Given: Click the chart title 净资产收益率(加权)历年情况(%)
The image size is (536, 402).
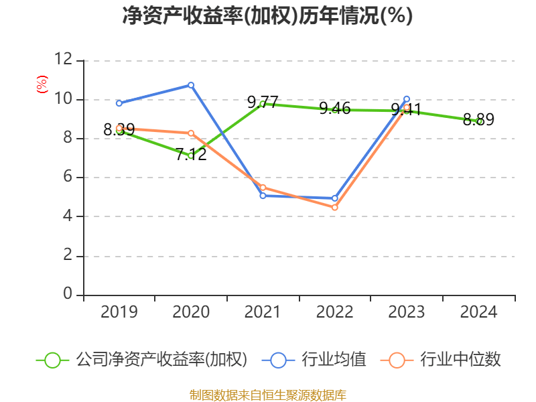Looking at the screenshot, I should [x=267, y=15].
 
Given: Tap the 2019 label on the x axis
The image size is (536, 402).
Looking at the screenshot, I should [x=119, y=312].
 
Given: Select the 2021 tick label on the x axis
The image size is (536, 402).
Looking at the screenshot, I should [x=263, y=312].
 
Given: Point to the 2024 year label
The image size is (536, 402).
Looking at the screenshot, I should [x=478, y=312].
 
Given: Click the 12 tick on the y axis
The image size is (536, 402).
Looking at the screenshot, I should [x=64, y=60].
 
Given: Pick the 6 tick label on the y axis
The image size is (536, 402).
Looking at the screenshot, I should [x=68, y=178].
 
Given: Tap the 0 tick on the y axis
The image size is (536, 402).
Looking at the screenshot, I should [x=68, y=295].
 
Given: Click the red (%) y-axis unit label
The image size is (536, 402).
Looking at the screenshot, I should [x=42, y=84].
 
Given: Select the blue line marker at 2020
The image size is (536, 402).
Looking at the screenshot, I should [x=191, y=85].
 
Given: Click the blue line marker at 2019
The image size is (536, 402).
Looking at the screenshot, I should [x=119, y=103].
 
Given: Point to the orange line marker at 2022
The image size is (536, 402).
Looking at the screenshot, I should [x=335, y=208].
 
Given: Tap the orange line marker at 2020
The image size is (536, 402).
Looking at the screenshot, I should [x=191, y=133].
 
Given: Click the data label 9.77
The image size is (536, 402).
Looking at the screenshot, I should [x=263, y=103].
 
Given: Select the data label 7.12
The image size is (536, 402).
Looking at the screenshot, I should [x=191, y=154].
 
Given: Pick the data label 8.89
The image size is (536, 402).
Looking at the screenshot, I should [x=478, y=120].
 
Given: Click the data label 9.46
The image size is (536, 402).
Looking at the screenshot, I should [x=335, y=109].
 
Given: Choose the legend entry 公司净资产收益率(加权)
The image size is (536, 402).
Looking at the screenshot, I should [x=161, y=360].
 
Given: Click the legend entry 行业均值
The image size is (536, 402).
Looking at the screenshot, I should [x=333, y=360].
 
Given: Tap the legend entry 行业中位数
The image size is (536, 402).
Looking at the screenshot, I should [x=460, y=360].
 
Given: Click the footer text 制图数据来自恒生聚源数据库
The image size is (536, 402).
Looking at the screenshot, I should [x=267, y=395].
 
